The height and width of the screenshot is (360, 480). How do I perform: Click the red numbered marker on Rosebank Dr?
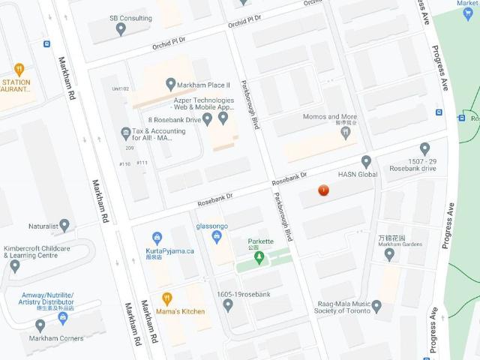coord(323,190)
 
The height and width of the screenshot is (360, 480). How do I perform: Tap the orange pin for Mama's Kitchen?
coord(167,298)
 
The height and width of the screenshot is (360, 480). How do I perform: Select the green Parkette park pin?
coord(259,258)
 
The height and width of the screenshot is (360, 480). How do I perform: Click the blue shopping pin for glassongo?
coord(217,238)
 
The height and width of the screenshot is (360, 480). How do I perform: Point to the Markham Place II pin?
coord(171,84)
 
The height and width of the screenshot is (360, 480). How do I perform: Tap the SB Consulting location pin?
coord(121,29)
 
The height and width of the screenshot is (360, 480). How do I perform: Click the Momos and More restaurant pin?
coord(346,133)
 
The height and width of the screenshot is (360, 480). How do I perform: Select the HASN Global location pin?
coord(366,160)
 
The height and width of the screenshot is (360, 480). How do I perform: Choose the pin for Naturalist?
coord(64,225)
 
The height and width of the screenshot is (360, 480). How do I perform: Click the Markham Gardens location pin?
coord(388,253)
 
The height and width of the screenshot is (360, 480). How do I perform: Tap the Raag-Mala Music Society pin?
coord(376,306)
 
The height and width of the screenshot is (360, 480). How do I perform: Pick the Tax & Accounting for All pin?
coord(125,133)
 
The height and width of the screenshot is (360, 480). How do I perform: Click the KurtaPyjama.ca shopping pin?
coord(157,238)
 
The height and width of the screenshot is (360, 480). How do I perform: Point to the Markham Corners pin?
coord(40,325)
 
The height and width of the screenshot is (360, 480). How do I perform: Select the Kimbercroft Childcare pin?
coord(15,265)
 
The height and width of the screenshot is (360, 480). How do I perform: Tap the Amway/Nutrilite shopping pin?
coord(63,317)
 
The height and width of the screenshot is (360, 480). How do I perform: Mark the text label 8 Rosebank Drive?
coord(174,119)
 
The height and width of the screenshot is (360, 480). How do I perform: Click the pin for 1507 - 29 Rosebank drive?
coord(424,148)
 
